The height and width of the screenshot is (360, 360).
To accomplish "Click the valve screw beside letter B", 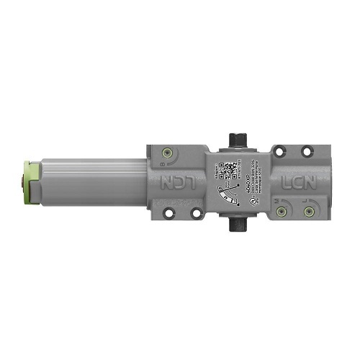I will coord(168,153).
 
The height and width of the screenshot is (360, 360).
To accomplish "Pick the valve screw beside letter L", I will coord(310,210).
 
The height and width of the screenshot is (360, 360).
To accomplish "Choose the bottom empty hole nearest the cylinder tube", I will coord(168,212).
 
